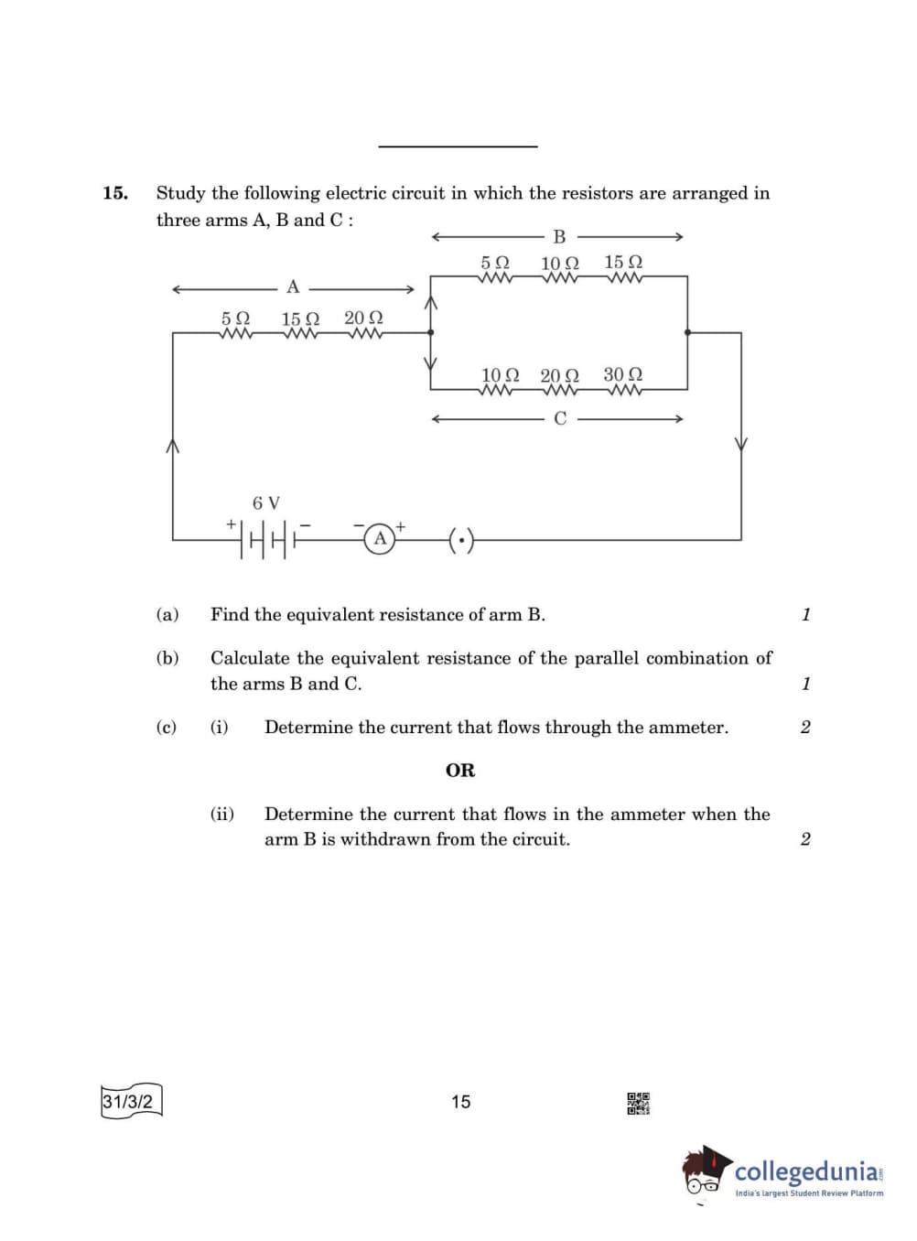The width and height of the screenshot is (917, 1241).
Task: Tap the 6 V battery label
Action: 266,502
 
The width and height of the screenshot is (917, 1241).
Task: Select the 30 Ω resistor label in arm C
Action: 622,374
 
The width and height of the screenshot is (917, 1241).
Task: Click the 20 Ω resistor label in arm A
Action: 363,318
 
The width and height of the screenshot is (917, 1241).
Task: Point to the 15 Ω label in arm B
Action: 623,262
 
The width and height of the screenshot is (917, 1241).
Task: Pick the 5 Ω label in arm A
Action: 235,318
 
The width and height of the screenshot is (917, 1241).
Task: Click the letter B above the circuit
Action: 559,237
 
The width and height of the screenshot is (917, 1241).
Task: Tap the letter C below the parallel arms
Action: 560,418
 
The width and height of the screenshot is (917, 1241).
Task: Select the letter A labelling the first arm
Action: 293,287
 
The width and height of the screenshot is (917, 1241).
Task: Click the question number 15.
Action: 115,193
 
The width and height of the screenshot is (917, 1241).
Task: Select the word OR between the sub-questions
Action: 460,771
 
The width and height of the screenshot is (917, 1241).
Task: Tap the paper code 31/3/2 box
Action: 130,1101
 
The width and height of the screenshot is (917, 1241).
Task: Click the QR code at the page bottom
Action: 638,1103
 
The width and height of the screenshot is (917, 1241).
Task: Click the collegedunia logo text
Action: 806,1171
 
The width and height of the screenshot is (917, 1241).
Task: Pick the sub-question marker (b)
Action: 167,658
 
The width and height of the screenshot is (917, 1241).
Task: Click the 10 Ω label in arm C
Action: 500,374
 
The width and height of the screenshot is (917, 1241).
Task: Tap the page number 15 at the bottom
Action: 460,1102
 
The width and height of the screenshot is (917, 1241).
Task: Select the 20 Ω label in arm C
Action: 559,375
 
